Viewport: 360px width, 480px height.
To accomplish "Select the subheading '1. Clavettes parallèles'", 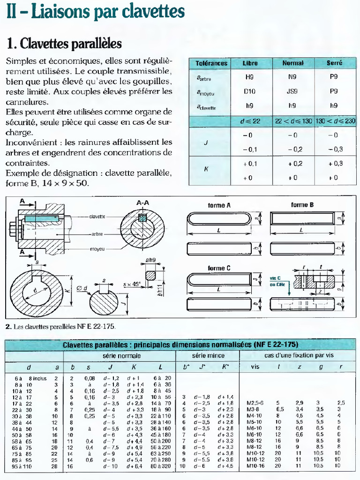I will (x=64, y=44).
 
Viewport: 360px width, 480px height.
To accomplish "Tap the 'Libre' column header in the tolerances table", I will (x=250, y=63).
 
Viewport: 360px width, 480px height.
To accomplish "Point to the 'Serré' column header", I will (x=334, y=63).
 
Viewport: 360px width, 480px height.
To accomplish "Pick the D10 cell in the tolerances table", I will (x=250, y=91).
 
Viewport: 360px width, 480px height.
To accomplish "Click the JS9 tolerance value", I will (x=292, y=91).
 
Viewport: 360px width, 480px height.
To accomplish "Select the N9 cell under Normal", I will (x=292, y=76).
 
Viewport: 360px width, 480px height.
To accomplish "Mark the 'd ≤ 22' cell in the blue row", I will (x=250, y=121).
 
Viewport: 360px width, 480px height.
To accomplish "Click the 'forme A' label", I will (x=219, y=205).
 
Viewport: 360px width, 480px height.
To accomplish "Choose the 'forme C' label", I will (x=219, y=268).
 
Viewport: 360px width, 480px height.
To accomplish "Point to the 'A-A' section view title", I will (x=142, y=202).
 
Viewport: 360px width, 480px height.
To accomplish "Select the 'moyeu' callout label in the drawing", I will (x=97, y=248).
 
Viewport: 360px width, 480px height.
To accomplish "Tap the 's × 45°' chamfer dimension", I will (x=132, y=284).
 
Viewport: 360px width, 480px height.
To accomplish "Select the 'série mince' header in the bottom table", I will (x=209, y=356).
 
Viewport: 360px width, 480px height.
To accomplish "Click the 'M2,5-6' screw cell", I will (x=255, y=403).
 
